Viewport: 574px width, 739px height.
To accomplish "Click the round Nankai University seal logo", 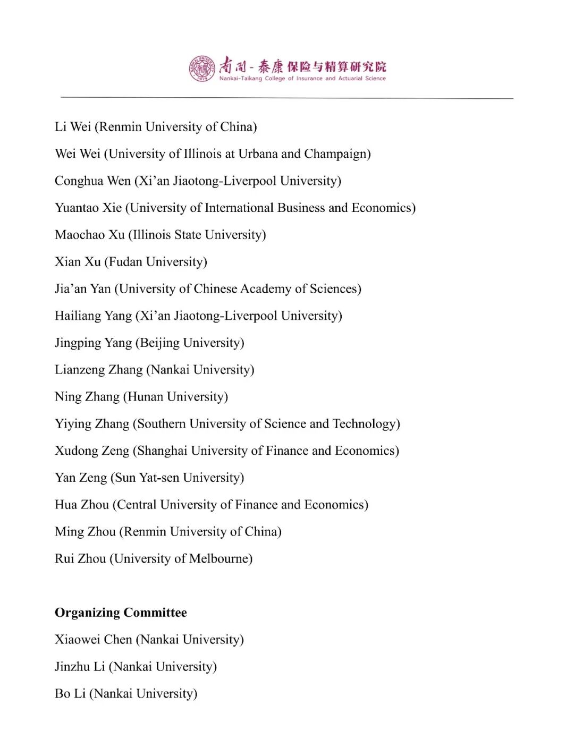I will (x=202, y=68).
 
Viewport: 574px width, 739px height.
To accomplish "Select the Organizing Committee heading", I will (x=121, y=613).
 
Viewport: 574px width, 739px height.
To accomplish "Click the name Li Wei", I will (x=73, y=127).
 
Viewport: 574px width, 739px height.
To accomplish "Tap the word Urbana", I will (x=258, y=154).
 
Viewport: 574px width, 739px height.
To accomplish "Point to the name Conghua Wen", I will (x=92, y=181).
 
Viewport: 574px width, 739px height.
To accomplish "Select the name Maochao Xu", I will (x=89, y=235).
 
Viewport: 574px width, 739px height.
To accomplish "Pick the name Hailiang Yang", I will (x=93, y=316).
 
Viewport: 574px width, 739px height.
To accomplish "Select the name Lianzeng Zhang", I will (x=98, y=370).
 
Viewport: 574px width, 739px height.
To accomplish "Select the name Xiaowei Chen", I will (x=93, y=640).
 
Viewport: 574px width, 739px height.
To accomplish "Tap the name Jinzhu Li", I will (x=80, y=667).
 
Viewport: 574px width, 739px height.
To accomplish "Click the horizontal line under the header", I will (x=287, y=98).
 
